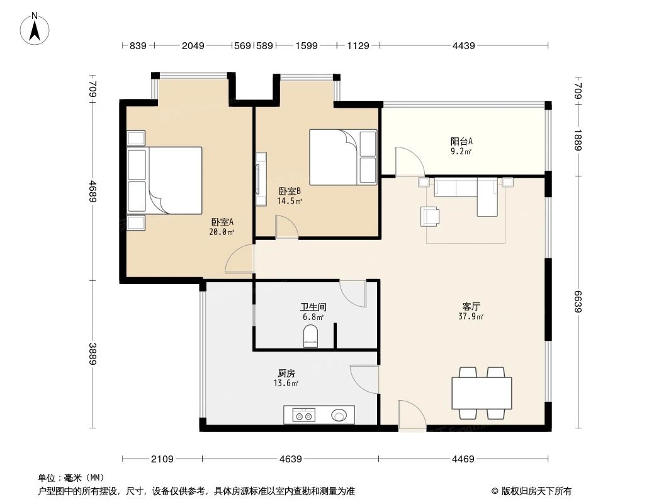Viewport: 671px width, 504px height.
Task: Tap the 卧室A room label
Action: pos(222,226)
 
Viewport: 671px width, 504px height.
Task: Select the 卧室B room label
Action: pos(290,195)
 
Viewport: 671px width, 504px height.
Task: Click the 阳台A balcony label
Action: pos(461,146)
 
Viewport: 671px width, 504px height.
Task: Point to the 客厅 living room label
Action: pos(471,311)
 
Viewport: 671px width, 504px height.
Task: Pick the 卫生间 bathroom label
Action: pos(312,312)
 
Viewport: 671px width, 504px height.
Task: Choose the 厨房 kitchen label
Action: pos(285,377)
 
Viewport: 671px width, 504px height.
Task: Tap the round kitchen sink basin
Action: pos(339,415)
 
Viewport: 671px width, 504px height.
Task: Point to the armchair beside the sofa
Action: pos(431,215)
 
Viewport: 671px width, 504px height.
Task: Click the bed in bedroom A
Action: pos(166,180)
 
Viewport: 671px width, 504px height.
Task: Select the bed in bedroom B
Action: pos(342,157)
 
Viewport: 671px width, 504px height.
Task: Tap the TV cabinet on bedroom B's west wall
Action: pos(261,178)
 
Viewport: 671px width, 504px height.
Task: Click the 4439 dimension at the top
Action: pos(462,45)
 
